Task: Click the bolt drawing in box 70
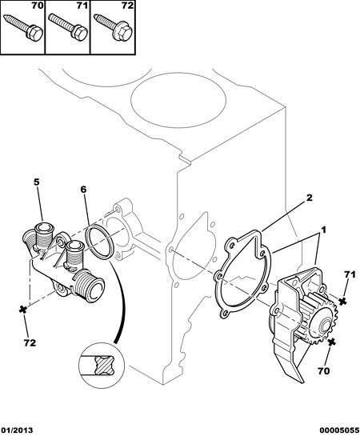point(24,26)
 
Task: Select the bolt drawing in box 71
point(68,26)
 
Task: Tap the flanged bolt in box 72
point(114,27)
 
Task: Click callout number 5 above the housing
point(37,182)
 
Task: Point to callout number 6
point(83,190)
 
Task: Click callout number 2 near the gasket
point(309,198)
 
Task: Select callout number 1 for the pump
point(323,230)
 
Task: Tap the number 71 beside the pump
point(350,274)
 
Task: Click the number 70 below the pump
point(323,370)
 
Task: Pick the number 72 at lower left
point(30,343)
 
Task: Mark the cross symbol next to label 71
point(343,301)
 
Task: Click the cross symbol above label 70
point(331,343)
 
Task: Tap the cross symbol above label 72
point(23,310)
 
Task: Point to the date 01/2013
point(17,430)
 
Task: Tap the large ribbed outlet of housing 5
point(89,286)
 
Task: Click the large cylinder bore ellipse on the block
point(178,100)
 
